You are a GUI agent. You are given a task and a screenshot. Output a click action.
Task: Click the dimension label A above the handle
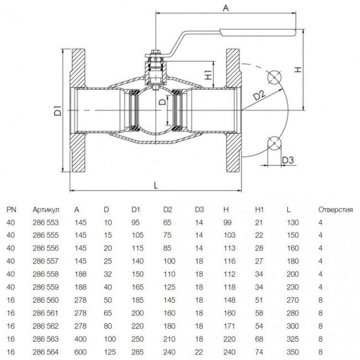[x=226, y=8]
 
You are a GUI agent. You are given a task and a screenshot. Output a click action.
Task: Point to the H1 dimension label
[x=208, y=74]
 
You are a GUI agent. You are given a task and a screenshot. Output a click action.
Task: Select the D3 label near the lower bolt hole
[x=288, y=160]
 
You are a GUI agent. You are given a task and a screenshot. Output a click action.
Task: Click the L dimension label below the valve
[x=156, y=185]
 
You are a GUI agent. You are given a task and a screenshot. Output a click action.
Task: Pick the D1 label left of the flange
[x=58, y=110]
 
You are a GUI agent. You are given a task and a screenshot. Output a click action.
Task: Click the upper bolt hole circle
[x=275, y=77]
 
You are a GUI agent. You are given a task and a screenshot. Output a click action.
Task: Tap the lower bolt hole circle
[x=275, y=143]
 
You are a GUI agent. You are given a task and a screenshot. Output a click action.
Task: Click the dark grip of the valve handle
[x=258, y=33]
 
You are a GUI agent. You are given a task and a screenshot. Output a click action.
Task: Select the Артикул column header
[x=46, y=210]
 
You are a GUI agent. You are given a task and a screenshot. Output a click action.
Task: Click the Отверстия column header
[x=336, y=210]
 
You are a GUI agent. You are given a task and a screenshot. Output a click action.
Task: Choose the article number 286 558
[x=46, y=274]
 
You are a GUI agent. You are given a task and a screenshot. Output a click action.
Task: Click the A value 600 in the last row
[x=81, y=352]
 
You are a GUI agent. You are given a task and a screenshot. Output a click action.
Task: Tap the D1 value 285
[x=138, y=352]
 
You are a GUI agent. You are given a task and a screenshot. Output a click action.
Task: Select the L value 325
[x=293, y=339]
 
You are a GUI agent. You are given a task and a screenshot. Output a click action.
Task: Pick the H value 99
[x=228, y=222]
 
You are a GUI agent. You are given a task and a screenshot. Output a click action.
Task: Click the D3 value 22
[x=199, y=352]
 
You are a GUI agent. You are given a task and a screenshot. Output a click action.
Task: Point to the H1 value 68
[x=259, y=339]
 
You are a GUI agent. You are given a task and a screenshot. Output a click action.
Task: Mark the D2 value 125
[x=169, y=287]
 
